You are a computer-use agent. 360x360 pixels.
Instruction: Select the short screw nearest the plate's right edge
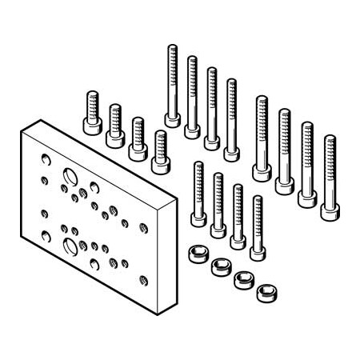point(161,160)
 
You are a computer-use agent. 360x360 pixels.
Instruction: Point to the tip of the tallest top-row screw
point(172,48)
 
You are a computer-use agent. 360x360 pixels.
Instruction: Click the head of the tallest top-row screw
point(172,120)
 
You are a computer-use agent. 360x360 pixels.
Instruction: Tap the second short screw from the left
point(114,136)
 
